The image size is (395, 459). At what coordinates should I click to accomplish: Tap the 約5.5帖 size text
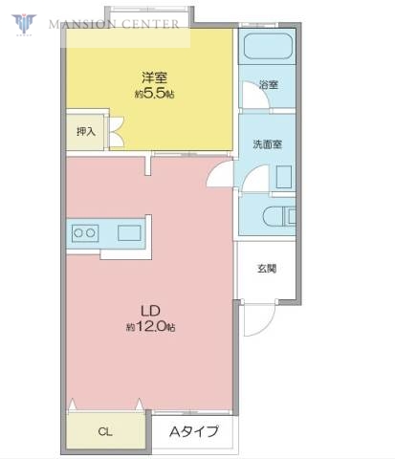(x=154, y=94)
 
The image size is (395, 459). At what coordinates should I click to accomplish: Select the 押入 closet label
(x=85, y=131)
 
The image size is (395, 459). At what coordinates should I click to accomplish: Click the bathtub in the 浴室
(x=267, y=48)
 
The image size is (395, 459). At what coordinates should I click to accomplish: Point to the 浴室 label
(x=269, y=85)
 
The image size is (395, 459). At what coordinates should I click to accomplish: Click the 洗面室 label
(x=267, y=145)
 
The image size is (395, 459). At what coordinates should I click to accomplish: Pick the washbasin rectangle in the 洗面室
(x=284, y=177)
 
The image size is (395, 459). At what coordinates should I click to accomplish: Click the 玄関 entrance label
(x=267, y=270)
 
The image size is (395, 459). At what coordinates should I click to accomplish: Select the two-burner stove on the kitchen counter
(x=83, y=232)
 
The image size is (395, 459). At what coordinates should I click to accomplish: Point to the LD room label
(x=150, y=311)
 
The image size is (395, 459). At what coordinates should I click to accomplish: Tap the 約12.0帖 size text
(x=150, y=326)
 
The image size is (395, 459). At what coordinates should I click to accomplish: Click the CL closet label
(x=105, y=431)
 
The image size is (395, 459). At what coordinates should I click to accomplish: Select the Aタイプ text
(x=194, y=431)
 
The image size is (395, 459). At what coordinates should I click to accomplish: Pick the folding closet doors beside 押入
(x=117, y=131)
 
